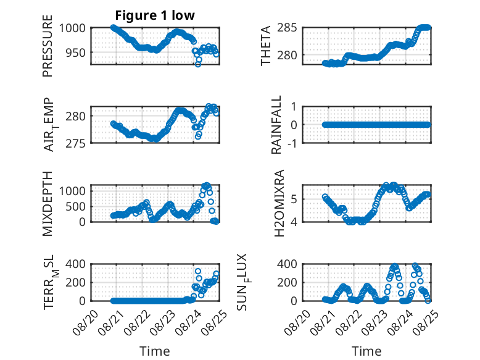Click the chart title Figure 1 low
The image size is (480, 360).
click(x=155, y=15)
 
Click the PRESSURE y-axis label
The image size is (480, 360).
click(x=48, y=46)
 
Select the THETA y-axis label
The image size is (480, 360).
click(x=266, y=46)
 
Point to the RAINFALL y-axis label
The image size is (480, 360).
click(x=276, y=125)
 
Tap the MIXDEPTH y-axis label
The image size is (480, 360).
click(x=48, y=203)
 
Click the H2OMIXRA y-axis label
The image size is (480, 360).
click(x=279, y=203)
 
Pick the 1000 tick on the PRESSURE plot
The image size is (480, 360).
click(x=72, y=28)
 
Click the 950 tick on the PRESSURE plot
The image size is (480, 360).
click(x=76, y=52)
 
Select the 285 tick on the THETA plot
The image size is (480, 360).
click(x=287, y=28)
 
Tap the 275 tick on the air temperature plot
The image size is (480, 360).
click(x=76, y=143)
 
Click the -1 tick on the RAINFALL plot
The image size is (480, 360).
click(x=292, y=143)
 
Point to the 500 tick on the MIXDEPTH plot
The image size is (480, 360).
click(x=76, y=206)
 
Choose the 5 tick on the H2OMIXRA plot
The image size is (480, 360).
click(x=294, y=199)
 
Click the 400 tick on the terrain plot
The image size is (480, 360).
click(x=76, y=264)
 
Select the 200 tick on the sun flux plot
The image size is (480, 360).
click(x=287, y=282)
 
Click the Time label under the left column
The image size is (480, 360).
click(x=155, y=351)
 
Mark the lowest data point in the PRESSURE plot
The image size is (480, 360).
click(x=198, y=64)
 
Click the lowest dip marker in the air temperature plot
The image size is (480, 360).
click(x=198, y=136)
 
